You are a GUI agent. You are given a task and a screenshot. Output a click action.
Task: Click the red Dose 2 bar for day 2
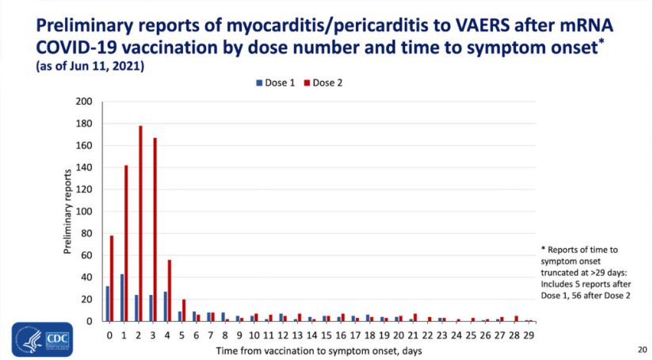[140, 224]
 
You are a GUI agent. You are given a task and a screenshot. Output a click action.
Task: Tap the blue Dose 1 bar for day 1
[121, 297]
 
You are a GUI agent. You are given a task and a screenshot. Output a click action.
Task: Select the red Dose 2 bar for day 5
[184, 310]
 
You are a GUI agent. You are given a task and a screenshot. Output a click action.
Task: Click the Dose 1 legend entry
[274, 82]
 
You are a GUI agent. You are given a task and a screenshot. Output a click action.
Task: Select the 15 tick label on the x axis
[326, 335]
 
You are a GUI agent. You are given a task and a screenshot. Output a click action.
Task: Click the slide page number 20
[641, 349]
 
